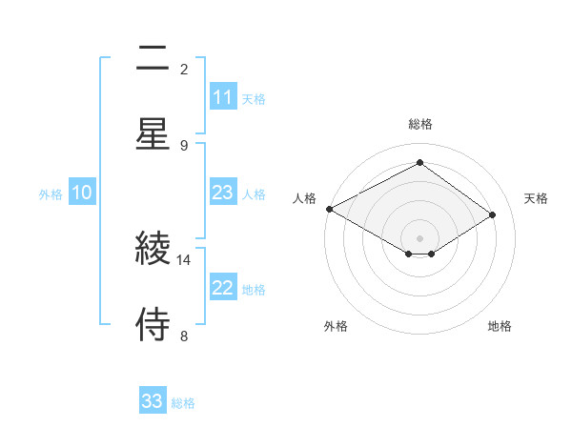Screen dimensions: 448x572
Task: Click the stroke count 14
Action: (x=183, y=259)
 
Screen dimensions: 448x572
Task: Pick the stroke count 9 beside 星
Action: (x=183, y=145)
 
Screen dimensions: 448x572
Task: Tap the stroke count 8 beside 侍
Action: (x=183, y=336)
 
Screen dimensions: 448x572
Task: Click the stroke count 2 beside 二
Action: (x=183, y=69)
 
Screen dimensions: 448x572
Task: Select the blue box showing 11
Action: (x=223, y=97)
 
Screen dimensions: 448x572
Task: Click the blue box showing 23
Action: (x=223, y=193)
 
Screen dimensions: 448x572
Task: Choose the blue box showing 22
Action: (x=223, y=289)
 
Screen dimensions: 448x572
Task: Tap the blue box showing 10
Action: (x=81, y=193)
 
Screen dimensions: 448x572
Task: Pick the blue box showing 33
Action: (x=153, y=401)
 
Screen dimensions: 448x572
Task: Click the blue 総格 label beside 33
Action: (x=184, y=403)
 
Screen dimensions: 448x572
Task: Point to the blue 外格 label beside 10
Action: (x=51, y=193)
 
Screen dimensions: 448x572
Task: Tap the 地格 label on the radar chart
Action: (x=500, y=326)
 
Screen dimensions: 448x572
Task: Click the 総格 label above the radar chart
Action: (x=419, y=124)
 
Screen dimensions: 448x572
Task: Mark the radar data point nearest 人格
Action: (x=329, y=209)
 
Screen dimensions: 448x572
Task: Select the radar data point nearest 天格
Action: (x=493, y=215)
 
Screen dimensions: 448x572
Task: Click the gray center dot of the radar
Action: (x=419, y=236)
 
